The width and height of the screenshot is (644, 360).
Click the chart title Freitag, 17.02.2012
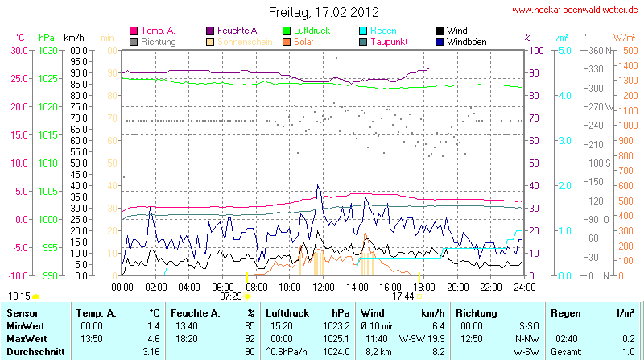[323, 12]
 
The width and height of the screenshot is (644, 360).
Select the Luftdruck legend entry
[310, 30]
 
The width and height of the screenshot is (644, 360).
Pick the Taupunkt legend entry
[389, 41]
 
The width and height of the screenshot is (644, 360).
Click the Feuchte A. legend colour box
[211, 30]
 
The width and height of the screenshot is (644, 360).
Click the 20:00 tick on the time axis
[457, 287]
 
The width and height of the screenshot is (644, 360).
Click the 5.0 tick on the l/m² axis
[565, 50]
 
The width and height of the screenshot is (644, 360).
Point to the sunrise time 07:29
[230, 296]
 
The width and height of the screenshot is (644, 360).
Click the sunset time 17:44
[402, 296]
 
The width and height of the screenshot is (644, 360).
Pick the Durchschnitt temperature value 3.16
[151, 352]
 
